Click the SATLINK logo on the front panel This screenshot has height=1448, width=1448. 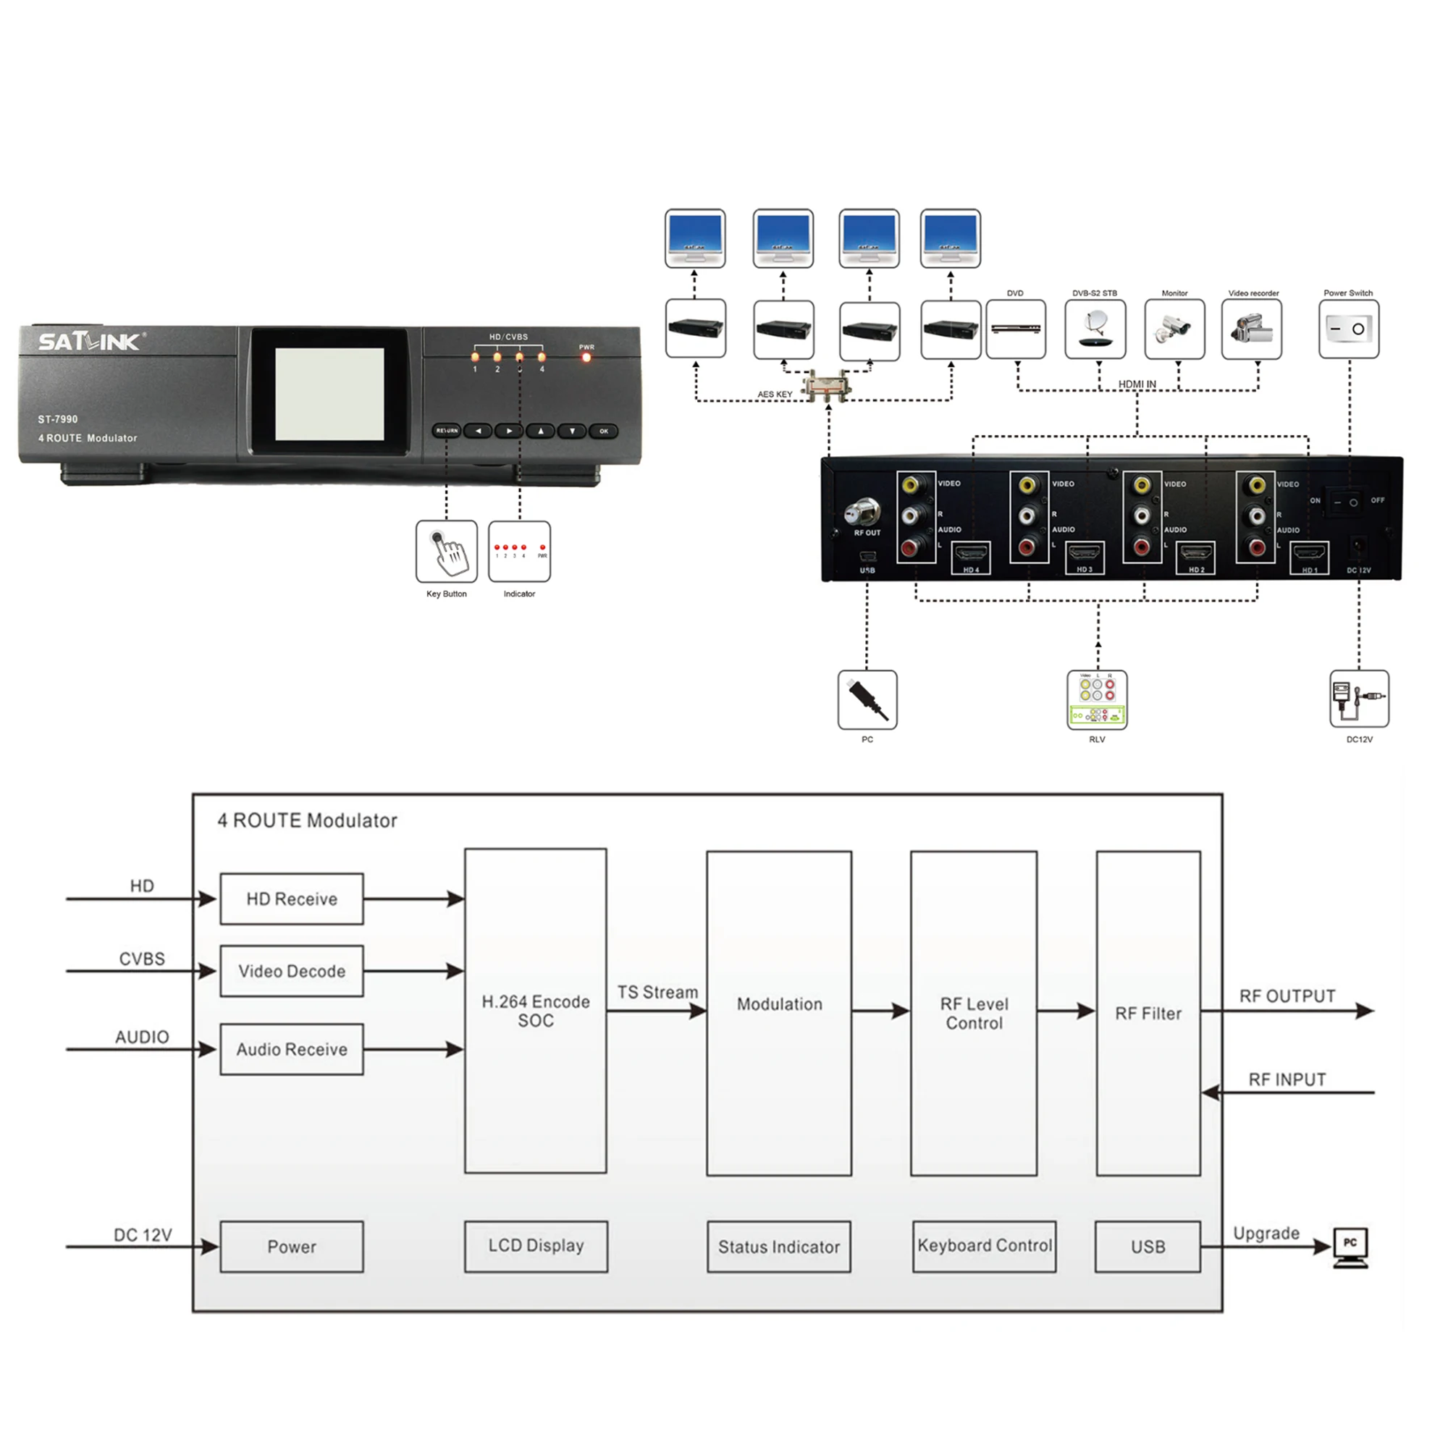(x=89, y=342)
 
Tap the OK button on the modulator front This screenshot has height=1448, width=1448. (x=603, y=431)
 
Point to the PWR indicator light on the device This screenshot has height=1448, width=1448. (x=586, y=358)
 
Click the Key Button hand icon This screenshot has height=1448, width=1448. (x=447, y=552)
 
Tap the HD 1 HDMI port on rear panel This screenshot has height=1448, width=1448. (x=1308, y=557)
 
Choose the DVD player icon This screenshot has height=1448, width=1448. (x=1016, y=329)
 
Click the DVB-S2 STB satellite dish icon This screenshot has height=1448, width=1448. (x=1095, y=329)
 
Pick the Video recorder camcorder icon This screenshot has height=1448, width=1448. (x=1251, y=329)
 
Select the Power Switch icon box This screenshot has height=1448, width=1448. (x=1348, y=329)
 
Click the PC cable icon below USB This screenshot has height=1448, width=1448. (x=867, y=699)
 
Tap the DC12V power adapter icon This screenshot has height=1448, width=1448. (x=1359, y=699)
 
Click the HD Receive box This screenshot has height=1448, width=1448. (x=292, y=898)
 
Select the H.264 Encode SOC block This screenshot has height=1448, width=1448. (x=535, y=1011)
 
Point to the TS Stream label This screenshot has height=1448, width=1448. (x=657, y=993)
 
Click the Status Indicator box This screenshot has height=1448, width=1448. (x=779, y=1247)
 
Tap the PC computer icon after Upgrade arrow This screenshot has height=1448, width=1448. (x=1350, y=1247)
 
